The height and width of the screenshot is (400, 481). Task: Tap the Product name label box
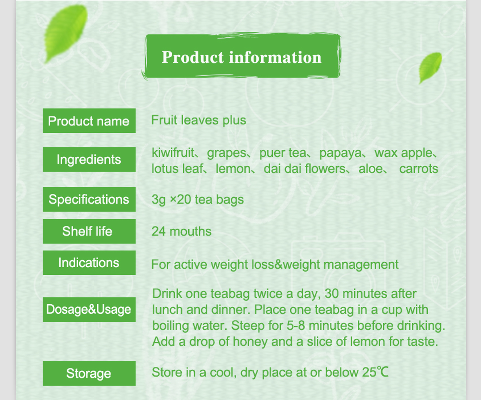click(x=89, y=121)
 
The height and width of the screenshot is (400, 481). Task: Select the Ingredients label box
click(x=89, y=159)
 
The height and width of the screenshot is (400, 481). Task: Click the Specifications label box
click(x=89, y=199)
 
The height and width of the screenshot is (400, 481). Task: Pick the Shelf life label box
click(x=89, y=231)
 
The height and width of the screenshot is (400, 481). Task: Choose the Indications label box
click(x=89, y=262)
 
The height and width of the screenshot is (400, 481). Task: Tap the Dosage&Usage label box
click(x=89, y=309)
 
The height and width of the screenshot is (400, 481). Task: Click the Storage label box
click(x=89, y=373)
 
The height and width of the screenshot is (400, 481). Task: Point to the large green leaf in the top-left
click(x=66, y=33)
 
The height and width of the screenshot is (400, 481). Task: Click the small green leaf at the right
click(x=430, y=67)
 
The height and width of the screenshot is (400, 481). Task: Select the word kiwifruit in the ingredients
click(x=173, y=153)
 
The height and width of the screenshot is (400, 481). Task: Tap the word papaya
click(x=340, y=153)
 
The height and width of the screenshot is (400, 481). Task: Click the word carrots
click(x=419, y=169)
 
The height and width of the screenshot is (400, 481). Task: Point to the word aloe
click(x=370, y=169)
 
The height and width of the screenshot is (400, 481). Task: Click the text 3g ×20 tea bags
click(x=198, y=200)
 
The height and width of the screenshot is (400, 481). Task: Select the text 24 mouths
click(x=181, y=231)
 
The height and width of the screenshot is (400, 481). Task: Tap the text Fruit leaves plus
click(x=198, y=120)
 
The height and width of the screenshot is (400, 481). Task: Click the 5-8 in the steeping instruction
click(x=296, y=326)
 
